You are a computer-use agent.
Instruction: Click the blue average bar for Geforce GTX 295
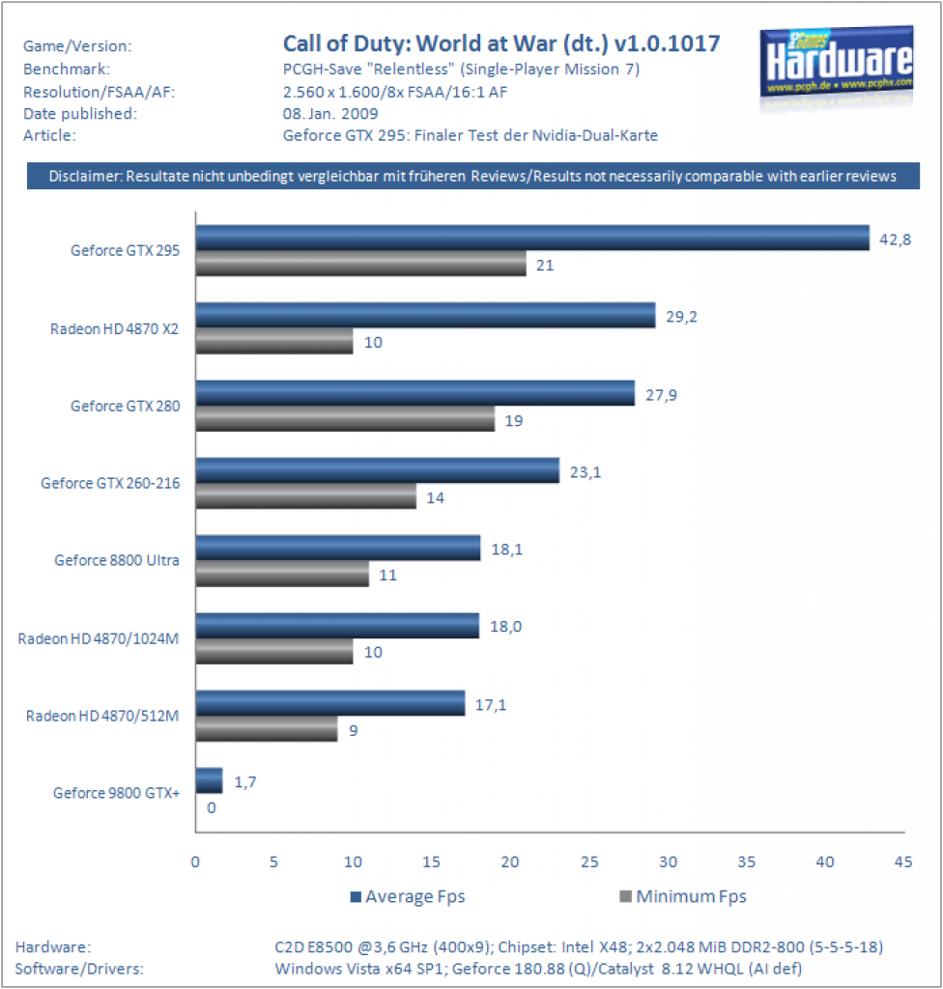[x=532, y=238]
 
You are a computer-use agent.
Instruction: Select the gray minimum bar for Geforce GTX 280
[x=345, y=419]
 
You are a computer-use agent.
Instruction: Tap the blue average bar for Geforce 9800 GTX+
[x=209, y=780]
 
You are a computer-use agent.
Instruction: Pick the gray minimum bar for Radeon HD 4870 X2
[x=274, y=341]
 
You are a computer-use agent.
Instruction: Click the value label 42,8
[x=895, y=240]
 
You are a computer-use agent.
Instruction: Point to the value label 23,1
[x=586, y=472]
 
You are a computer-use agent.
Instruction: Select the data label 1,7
[x=244, y=782]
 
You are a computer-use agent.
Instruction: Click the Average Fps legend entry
[x=408, y=896]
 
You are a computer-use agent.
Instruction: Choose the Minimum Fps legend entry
[x=683, y=896]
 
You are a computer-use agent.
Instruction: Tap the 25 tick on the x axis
[x=589, y=862]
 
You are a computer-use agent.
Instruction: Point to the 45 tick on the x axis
[x=903, y=862]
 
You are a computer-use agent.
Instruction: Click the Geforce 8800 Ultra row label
[x=117, y=560]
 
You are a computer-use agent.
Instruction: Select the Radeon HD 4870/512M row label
[x=102, y=716]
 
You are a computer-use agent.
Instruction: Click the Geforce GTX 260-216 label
[x=110, y=483]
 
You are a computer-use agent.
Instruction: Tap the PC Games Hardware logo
[x=837, y=66]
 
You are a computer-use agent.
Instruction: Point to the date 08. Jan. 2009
[x=330, y=114]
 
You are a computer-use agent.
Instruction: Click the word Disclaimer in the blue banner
[x=85, y=176]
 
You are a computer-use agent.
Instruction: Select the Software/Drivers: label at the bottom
[x=79, y=969]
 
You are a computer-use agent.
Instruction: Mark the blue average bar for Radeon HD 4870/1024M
[x=337, y=626]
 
